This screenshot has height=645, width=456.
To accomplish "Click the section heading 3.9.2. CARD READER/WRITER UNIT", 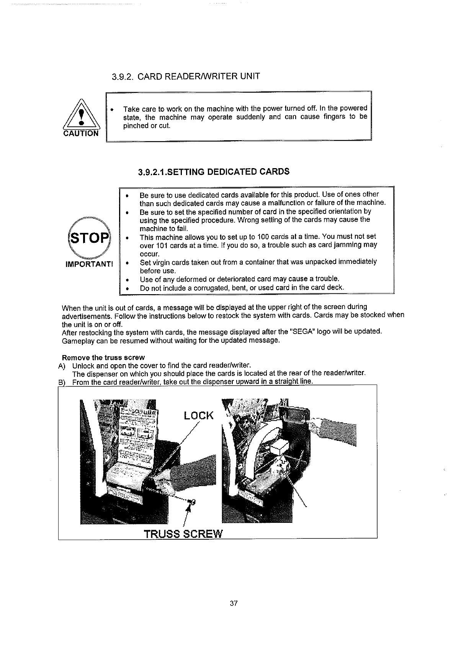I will tap(186, 77).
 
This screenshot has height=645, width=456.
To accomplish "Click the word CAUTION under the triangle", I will tap(81, 133).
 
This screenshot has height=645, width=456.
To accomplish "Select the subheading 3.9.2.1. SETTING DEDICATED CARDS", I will tap(214, 172).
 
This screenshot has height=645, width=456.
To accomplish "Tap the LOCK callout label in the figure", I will tap(198, 416).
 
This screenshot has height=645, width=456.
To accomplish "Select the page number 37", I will tap(234, 604).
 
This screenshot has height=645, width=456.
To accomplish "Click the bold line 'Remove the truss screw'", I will tap(103, 358).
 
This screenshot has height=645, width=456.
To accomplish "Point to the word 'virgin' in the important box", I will tap(158, 262).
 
